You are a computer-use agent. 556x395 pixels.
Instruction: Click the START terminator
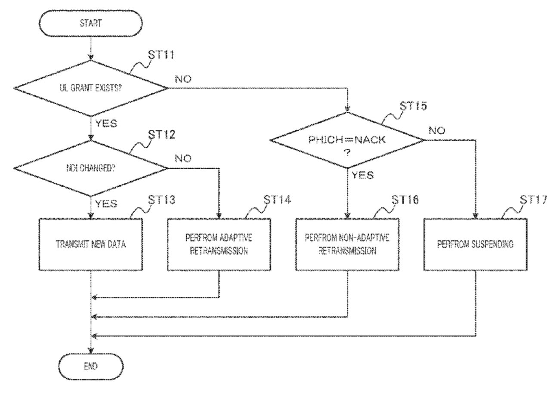click(x=91, y=23)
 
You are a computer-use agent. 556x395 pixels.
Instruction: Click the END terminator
click(x=91, y=367)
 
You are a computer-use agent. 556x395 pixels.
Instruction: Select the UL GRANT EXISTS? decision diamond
click(x=91, y=88)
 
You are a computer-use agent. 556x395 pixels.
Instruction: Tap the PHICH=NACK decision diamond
click(x=347, y=140)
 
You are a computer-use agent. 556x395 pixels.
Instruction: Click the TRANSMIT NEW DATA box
click(x=91, y=244)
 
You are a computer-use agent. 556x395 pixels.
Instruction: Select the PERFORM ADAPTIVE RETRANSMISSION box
click(x=219, y=244)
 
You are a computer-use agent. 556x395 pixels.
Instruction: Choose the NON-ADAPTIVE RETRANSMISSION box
click(x=347, y=244)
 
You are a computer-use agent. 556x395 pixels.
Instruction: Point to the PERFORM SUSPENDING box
click(x=475, y=244)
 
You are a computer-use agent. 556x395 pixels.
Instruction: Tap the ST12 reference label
click(x=163, y=135)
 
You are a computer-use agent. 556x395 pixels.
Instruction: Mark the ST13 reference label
click(x=163, y=200)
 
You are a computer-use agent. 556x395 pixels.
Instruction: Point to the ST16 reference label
click(x=405, y=200)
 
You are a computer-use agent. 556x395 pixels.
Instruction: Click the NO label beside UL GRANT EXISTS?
click(x=184, y=80)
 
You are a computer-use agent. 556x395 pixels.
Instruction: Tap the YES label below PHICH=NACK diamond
click(x=363, y=175)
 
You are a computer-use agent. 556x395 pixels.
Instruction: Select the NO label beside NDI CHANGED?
click(x=184, y=158)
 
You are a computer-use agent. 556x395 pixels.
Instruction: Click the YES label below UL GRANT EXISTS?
click(x=105, y=124)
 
